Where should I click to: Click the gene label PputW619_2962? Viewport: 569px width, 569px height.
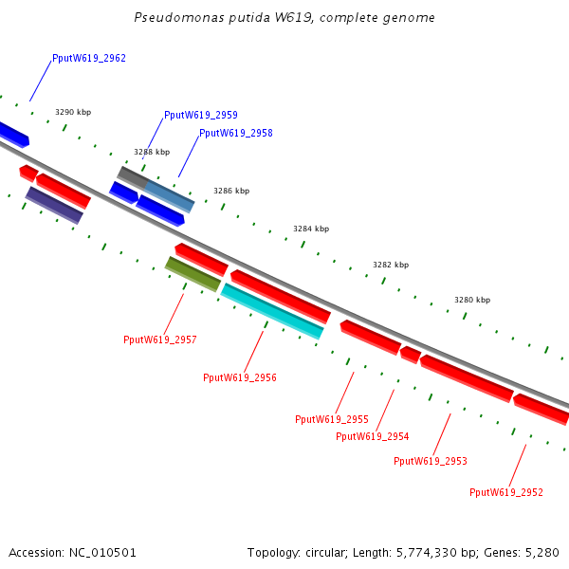pos(89,58)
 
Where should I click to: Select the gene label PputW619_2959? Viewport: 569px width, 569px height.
pos(201,115)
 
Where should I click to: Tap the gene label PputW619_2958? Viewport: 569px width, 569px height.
pos(236,133)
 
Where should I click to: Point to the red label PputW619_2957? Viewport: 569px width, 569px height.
pos(160,340)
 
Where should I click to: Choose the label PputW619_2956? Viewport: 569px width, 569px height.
pos(240,377)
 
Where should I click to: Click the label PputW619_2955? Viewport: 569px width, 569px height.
pos(332,418)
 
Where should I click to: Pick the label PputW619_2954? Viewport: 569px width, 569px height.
pos(373,436)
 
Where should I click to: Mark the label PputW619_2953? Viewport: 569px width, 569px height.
pos(431,461)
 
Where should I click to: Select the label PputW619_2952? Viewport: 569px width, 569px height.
pos(506,492)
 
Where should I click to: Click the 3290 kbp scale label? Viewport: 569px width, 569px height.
pos(73,112)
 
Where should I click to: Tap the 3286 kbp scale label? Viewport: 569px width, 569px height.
pos(231,191)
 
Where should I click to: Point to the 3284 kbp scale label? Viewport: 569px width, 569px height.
pos(311,229)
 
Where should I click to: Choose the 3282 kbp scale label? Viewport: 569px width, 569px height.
pos(391,265)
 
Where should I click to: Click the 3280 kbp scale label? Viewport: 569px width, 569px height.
pos(472,300)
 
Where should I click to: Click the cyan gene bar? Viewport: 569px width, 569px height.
pos(272,310)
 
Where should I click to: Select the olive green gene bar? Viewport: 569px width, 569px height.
pos(193,273)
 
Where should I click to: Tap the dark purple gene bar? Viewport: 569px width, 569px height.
pos(54,205)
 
